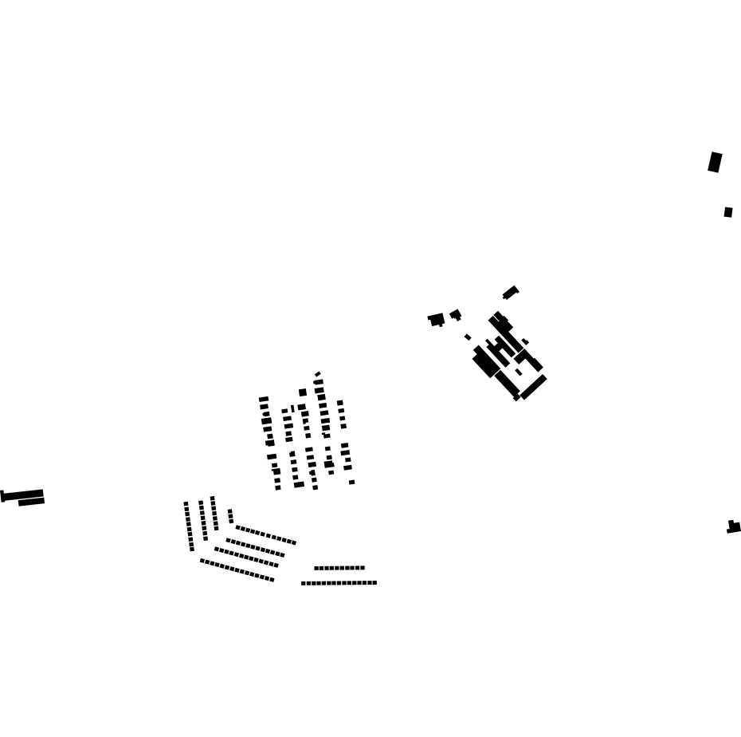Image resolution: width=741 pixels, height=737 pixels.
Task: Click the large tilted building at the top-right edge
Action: (715, 162)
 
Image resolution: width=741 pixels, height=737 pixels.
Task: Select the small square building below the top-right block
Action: (728, 212)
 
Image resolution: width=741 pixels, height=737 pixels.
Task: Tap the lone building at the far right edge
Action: (734, 527)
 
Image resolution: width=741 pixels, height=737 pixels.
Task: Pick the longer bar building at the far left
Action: (23, 495)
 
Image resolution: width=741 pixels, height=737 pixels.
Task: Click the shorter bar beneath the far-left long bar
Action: (31, 502)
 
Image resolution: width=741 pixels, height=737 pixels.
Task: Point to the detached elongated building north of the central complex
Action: (510, 293)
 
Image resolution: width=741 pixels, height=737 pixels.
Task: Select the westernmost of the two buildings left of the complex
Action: (437, 320)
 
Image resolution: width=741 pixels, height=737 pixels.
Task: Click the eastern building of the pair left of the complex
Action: (456, 314)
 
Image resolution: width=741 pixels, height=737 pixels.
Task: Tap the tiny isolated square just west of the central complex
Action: (468, 337)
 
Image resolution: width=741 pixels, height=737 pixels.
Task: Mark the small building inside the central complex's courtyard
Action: (519, 372)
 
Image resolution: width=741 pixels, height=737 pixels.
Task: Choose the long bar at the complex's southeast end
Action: (534, 387)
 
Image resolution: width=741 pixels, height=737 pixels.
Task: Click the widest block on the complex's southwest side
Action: (484, 365)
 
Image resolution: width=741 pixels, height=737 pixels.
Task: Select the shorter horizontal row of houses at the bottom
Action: (339, 568)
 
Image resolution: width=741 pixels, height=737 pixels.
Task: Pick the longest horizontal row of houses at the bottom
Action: (339, 583)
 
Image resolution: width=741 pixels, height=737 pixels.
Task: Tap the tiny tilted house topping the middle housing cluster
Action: (317, 374)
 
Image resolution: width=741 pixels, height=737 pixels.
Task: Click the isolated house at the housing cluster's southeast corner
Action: (351, 482)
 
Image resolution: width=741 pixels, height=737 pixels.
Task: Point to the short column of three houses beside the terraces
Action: (230, 516)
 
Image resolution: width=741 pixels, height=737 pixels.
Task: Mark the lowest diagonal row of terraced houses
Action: (237, 570)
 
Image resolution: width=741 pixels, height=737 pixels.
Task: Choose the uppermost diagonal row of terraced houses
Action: (265, 534)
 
